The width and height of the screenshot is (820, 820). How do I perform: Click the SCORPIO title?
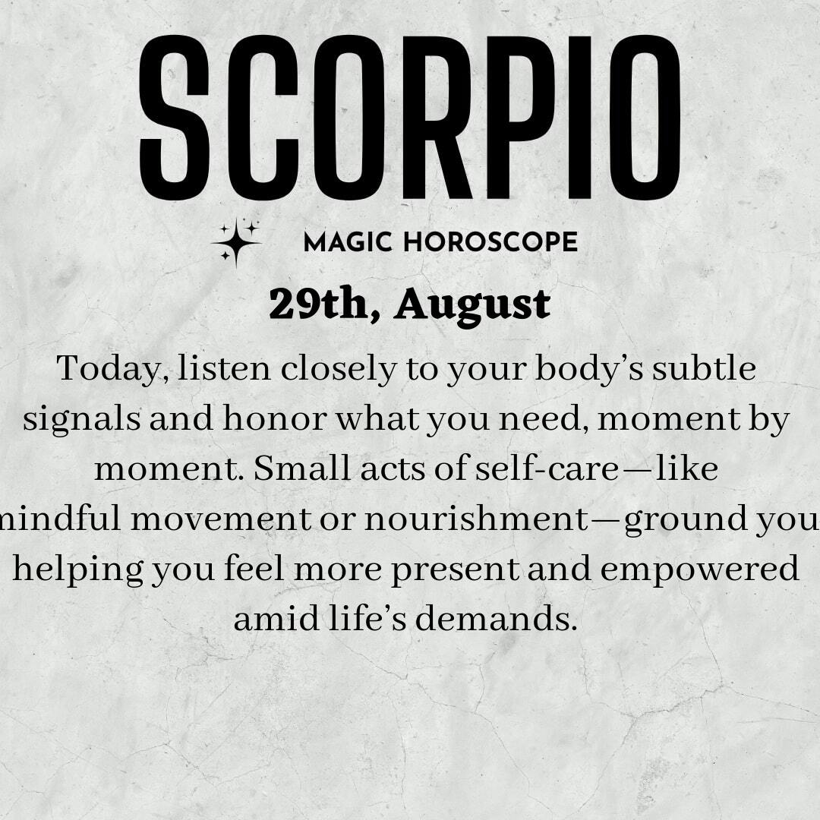pyautogui.click(x=410, y=117)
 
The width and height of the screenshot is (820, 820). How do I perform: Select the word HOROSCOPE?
pyautogui.click(x=490, y=243)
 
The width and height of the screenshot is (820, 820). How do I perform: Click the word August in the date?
pyautogui.click(x=472, y=307)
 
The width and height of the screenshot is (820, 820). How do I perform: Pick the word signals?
pyautogui.click(x=81, y=420)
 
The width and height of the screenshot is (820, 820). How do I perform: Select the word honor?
pyautogui.click(x=275, y=418)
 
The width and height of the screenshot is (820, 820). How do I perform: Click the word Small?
pyautogui.click(x=302, y=468)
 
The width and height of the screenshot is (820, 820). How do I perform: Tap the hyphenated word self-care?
pyautogui.click(x=547, y=468)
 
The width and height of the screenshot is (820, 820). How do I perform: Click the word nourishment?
pyautogui.click(x=476, y=519)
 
